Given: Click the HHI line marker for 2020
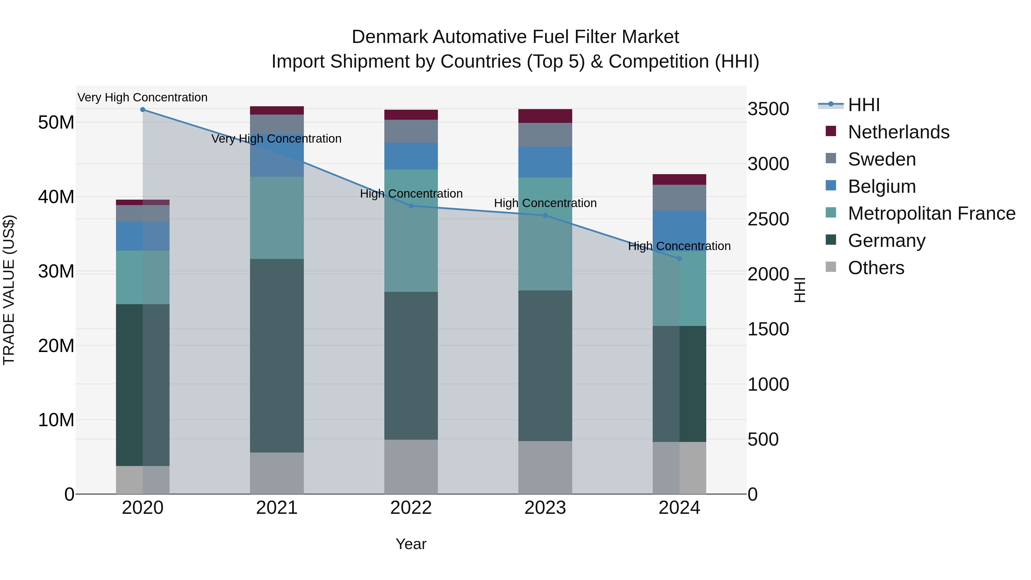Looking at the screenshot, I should coord(143,110).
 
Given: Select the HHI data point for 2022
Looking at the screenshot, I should coord(411,206).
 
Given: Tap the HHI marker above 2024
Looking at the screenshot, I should coord(679,259).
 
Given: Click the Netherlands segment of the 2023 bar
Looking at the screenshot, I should coord(545,116).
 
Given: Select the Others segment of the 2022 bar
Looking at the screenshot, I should coord(411,467).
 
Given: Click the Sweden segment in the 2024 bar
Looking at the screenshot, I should coord(679,198).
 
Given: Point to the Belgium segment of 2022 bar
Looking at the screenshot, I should coord(411,156).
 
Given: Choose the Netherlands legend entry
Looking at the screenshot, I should coord(898,132).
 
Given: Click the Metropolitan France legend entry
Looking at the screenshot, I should coord(931,214).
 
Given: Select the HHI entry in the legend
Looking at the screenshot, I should coord(864,105).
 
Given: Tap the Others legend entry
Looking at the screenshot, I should coord(876,268).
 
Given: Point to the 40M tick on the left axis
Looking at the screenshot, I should coord(56,197).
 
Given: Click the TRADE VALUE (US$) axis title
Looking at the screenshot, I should coord(9,290).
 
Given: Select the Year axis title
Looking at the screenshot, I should coord(411,544).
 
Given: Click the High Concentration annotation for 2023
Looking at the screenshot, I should coord(545,203).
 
